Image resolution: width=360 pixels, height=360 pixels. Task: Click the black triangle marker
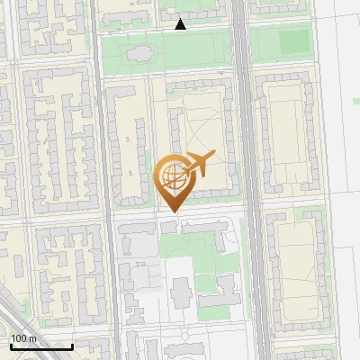click(x=180, y=24)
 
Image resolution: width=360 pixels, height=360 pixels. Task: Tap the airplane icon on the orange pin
click(x=199, y=165)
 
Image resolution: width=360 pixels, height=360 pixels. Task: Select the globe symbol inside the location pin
click(x=171, y=174)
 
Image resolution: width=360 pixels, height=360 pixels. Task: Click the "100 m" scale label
click(x=23, y=337)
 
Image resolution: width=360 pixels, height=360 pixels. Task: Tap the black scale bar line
click(x=41, y=346)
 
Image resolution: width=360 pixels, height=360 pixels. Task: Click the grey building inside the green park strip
click(x=140, y=54)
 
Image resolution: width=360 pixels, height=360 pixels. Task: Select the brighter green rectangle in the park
click(x=292, y=41)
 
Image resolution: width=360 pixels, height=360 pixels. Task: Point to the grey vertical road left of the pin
click(x=106, y=180)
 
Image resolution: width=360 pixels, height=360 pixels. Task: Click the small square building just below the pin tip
click(x=169, y=228)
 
